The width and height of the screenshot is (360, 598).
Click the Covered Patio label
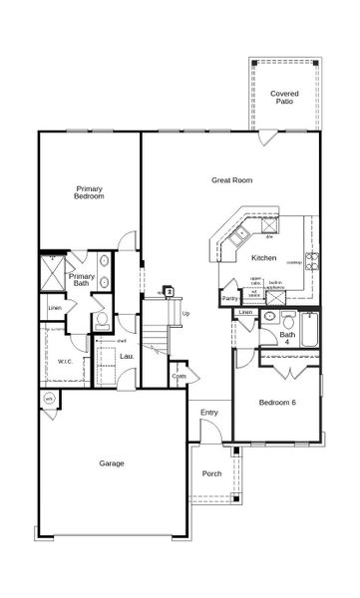point(284,98)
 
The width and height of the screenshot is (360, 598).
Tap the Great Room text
point(231,180)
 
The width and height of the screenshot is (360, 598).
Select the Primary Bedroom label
point(91,191)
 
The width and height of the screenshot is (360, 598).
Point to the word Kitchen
point(264,258)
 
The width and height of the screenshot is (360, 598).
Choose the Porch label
point(211,473)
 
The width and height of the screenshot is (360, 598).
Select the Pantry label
point(230,298)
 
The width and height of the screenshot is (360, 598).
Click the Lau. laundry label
point(127,356)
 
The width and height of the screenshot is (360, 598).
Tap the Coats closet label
point(179,377)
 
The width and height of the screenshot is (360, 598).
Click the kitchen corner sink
point(238,236)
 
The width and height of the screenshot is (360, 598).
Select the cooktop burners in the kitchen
point(311,262)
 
